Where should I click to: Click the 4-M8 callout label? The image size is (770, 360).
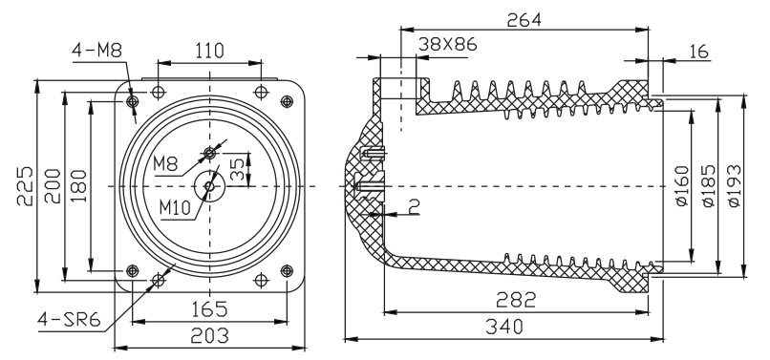pos(97,50)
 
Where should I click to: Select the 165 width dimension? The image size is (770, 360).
pos(208,308)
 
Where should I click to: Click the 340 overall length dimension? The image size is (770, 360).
pos(503,327)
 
